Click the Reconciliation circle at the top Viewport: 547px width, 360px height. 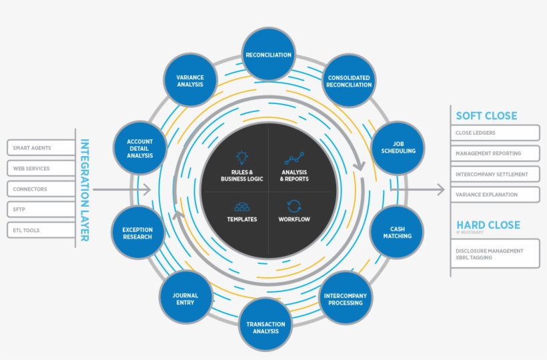(x=268, y=55)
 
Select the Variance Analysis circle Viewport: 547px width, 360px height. (x=190, y=80)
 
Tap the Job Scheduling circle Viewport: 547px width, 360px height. (x=398, y=147)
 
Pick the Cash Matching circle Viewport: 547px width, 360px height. (x=397, y=232)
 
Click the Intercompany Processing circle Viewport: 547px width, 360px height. (x=345, y=299)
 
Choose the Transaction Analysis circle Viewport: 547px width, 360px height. (x=265, y=327)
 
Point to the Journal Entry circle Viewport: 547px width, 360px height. (x=185, y=299)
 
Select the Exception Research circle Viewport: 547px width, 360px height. (x=137, y=233)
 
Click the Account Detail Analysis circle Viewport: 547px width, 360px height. (x=139, y=148)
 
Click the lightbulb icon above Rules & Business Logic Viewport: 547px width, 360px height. (x=242, y=158)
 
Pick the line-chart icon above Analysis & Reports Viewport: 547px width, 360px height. (x=294, y=159)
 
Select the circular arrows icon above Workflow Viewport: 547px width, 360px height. (x=294, y=206)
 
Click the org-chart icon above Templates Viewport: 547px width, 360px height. (x=242, y=207)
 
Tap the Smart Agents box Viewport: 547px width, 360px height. (x=41, y=148)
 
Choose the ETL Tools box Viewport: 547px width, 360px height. (x=41, y=230)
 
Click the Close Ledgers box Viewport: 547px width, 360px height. (x=495, y=133)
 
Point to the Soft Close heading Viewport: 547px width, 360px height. (x=486, y=115)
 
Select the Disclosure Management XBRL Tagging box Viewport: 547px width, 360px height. (x=495, y=254)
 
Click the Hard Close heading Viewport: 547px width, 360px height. (x=488, y=225)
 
